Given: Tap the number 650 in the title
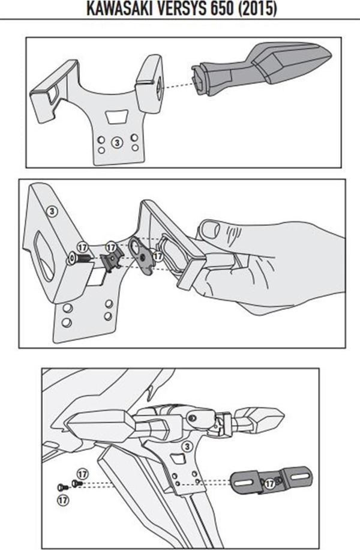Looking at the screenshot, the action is (223, 8).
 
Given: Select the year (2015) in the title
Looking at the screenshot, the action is (257, 8).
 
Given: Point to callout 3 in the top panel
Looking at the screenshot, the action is (117, 142).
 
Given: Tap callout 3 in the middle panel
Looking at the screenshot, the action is (52, 211).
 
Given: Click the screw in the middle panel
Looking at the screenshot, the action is (79, 259).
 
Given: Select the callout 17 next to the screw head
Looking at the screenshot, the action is (82, 248).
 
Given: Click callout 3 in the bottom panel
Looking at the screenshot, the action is (187, 447).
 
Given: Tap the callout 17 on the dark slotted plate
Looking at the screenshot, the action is (269, 484).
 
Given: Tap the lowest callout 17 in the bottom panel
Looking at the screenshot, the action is (63, 499).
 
